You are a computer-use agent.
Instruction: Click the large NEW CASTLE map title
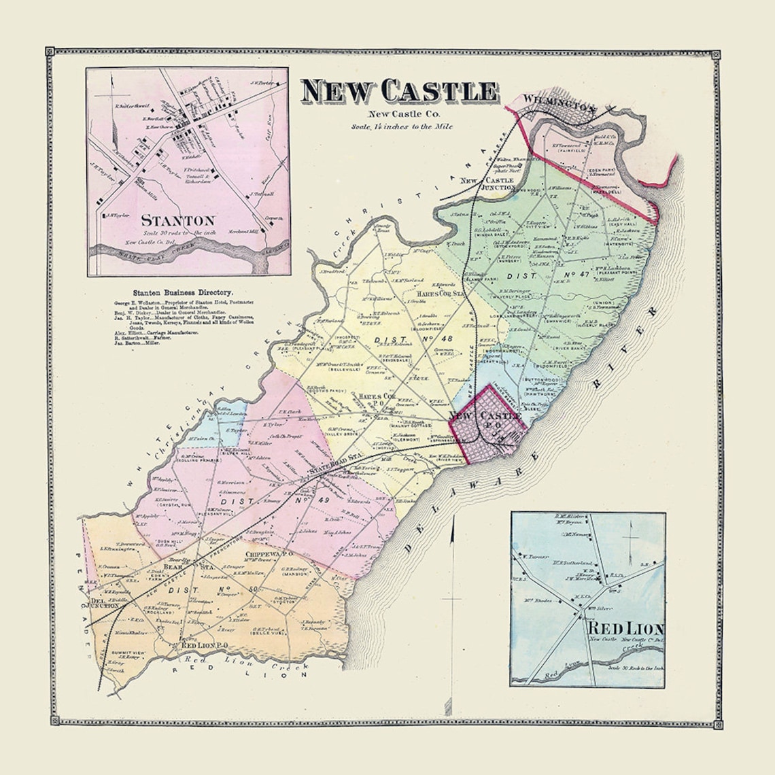[400, 92]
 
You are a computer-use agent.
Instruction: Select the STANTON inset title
[178, 220]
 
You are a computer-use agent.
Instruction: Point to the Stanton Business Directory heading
[173, 290]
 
